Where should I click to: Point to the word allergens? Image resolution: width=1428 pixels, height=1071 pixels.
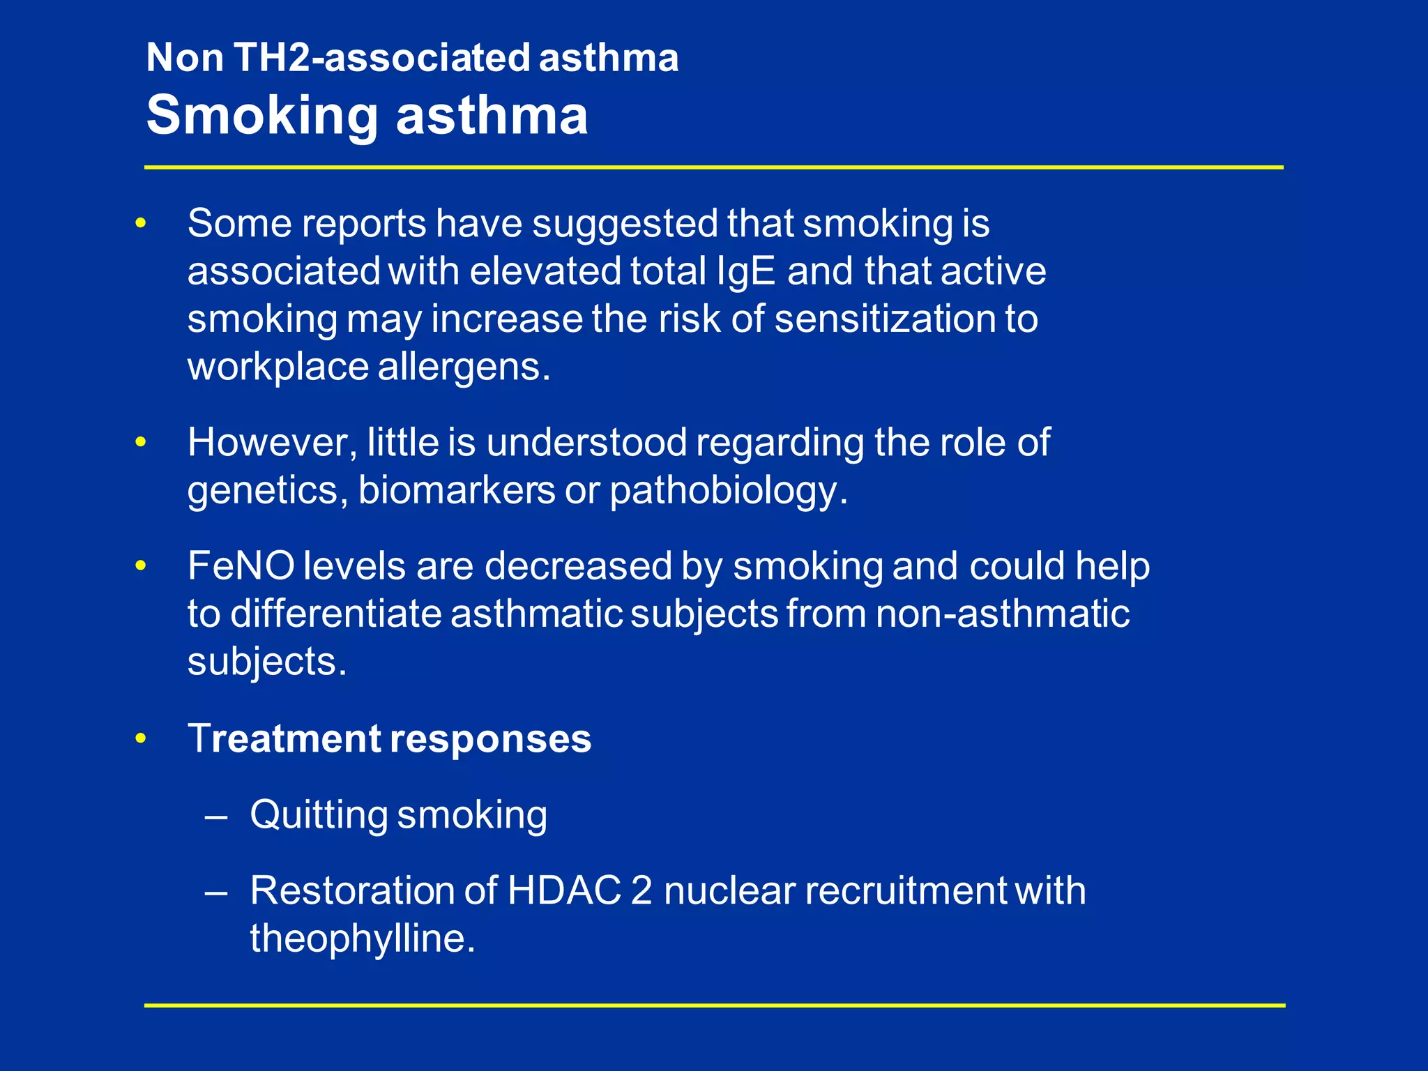coord(464,367)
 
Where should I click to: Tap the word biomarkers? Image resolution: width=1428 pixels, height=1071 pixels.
coord(456,490)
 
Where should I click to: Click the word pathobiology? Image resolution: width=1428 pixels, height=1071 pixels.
coord(729,490)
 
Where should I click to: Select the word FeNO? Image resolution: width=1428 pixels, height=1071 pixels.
coord(241,565)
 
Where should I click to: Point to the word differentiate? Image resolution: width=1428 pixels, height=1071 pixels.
coord(335,614)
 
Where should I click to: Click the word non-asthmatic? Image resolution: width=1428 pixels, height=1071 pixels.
coord(1002,614)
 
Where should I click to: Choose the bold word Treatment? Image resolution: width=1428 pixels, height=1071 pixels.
coord(283,738)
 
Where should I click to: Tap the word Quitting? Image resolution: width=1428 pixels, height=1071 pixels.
coord(319,814)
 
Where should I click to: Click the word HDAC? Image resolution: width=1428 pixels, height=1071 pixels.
coord(564,890)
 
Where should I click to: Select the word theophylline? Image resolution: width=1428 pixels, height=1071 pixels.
coord(363,939)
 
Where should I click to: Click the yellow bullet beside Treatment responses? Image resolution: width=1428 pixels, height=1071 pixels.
coord(141,738)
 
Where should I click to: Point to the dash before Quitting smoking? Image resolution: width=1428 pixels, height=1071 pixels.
coord(217,815)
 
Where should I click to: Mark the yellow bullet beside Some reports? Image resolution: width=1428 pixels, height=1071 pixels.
coord(141,224)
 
